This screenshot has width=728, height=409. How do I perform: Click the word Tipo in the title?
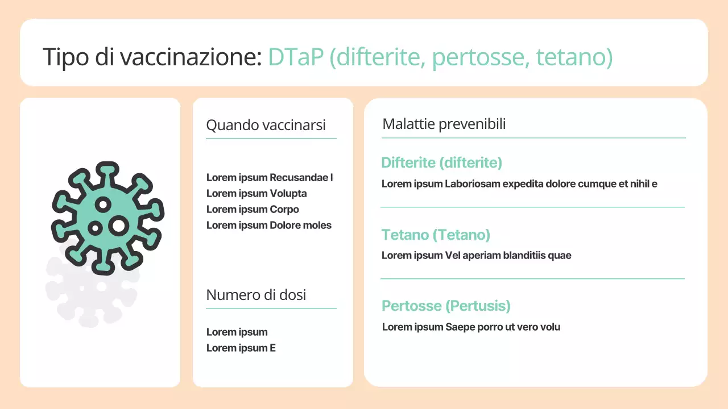64,57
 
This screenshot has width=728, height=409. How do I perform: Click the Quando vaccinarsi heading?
266,125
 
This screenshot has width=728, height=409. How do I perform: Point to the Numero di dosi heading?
256,295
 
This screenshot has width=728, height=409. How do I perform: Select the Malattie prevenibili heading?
444,124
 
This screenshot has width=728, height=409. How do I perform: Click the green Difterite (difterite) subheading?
441,163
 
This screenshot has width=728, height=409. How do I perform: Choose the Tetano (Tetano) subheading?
436,235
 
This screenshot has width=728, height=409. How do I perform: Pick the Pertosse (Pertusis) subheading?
446,306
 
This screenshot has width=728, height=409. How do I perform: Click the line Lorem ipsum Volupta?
257,194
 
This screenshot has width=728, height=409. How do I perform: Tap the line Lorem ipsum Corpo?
253,210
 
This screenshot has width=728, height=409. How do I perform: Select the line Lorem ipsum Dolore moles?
268,226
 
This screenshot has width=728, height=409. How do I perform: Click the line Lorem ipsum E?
241,348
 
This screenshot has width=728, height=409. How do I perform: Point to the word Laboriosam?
472,184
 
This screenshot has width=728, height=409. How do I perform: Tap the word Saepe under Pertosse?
458,327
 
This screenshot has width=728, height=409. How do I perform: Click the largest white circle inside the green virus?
118,226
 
